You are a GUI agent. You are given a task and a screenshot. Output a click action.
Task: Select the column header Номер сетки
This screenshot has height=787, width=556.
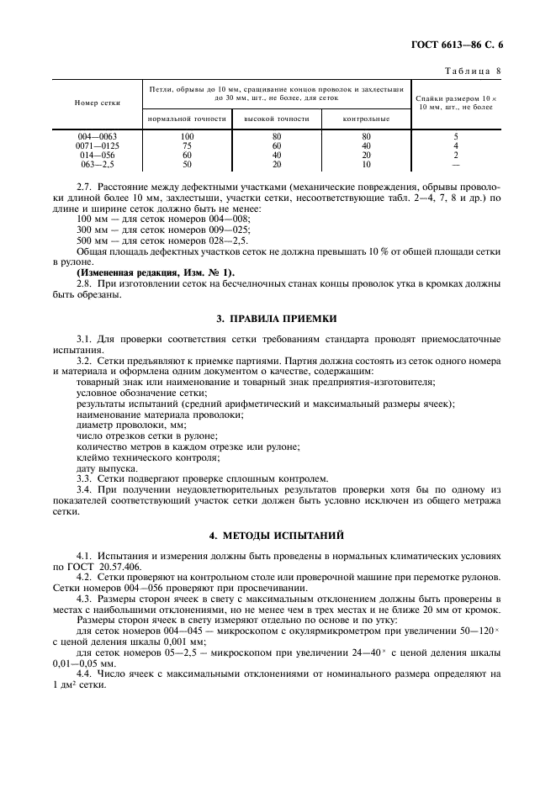coord(98,103)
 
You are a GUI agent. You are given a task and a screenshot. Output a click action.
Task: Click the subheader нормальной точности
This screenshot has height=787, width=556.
coord(187,119)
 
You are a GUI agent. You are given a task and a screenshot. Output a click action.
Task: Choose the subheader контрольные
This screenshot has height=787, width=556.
coord(366,119)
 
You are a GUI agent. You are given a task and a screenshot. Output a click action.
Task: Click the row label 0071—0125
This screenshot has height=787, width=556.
coord(98,145)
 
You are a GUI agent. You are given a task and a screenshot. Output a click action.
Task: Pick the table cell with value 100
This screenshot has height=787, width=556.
coord(187,136)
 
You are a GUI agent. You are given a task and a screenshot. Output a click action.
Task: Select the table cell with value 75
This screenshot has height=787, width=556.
coord(187,145)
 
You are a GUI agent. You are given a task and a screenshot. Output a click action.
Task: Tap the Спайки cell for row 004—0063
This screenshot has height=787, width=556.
coord(456,136)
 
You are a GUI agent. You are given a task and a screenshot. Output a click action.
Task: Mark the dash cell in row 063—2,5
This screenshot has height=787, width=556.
coord(456,164)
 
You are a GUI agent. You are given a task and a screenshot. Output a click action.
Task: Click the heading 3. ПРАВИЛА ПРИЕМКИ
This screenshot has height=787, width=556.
coord(278,318)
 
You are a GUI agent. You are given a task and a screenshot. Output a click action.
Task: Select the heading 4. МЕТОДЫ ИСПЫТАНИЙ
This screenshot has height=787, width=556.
coord(278,535)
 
